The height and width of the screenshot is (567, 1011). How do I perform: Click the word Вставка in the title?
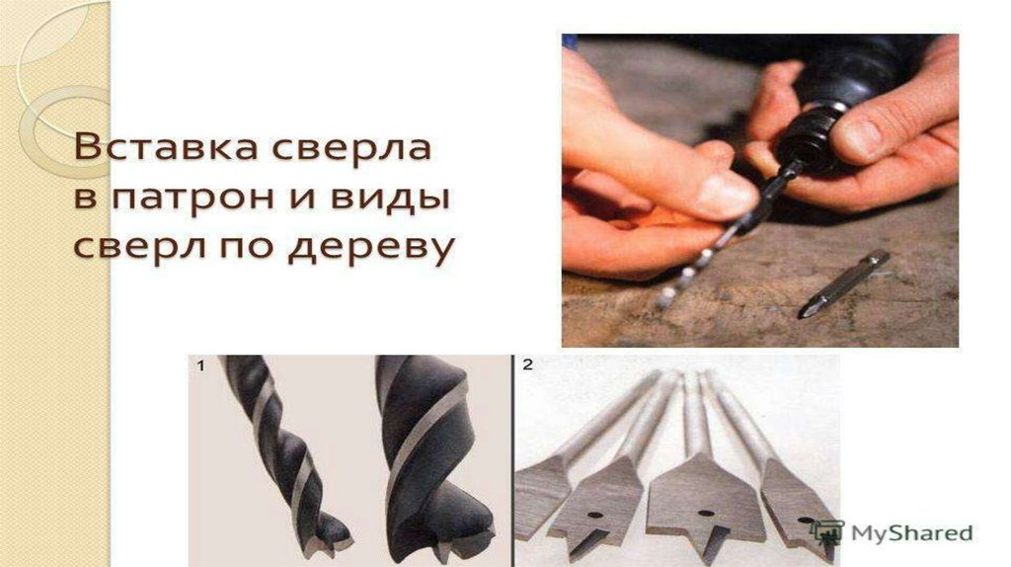[x=165, y=147]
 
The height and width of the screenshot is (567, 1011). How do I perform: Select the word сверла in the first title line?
[x=350, y=147]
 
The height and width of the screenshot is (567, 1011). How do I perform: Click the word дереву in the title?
[x=371, y=248]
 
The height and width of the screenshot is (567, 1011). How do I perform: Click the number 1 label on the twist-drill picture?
[x=200, y=365]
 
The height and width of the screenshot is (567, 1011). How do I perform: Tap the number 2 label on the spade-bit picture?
[x=527, y=365]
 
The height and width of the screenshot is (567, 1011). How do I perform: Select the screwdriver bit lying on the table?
[x=844, y=283]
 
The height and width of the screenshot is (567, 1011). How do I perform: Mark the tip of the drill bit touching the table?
[x=663, y=300]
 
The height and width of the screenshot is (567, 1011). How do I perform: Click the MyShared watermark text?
[x=911, y=532]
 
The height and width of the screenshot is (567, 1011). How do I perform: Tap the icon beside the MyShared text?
[x=827, y=531]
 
